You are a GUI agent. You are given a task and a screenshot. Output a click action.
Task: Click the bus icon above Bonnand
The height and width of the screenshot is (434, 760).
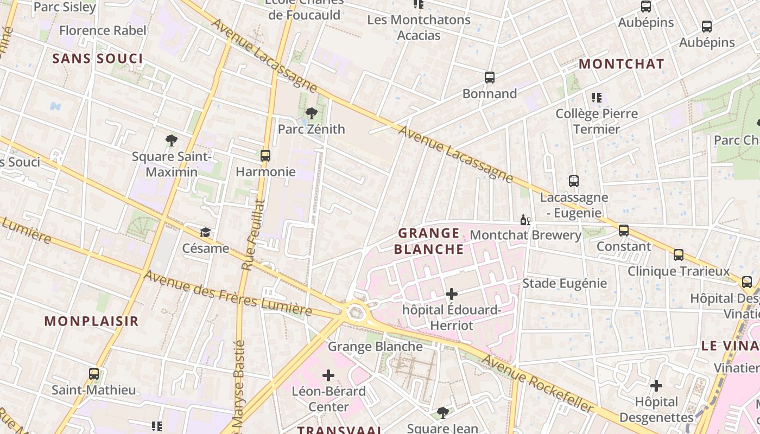(490, 78)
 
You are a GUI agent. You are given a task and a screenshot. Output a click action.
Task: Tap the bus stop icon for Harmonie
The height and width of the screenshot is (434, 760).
(265, 156)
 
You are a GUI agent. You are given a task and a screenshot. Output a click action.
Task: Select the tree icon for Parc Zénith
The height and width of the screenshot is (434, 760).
(312, 113)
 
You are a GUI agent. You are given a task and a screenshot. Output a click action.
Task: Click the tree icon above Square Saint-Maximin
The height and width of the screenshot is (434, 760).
(172, 141)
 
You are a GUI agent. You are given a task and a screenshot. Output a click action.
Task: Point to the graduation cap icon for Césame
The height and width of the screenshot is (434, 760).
(205, 233)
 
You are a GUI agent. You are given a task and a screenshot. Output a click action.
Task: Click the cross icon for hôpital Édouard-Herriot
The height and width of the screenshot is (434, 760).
(451, 294)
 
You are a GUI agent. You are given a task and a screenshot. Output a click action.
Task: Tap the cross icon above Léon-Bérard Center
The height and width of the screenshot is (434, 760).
(328, 375)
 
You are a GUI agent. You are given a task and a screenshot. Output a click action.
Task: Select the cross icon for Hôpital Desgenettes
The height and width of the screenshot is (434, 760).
(656, 386)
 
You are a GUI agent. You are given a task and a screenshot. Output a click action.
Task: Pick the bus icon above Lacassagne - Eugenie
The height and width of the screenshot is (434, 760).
(574, 181)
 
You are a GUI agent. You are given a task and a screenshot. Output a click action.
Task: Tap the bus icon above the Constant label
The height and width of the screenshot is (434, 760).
(624, 231)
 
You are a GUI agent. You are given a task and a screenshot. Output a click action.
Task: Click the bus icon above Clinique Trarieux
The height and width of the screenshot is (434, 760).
(679, 255)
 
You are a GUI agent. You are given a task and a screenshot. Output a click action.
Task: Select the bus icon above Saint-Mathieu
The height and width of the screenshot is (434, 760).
(94, 374)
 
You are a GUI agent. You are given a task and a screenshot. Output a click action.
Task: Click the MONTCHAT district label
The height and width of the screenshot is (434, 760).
(621, 64)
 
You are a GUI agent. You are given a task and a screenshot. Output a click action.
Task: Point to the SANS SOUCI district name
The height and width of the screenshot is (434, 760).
(98, 59)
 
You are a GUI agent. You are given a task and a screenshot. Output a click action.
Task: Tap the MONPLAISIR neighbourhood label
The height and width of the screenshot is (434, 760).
(92, 321)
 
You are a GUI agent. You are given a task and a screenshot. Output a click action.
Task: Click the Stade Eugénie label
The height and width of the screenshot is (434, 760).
(564, 283)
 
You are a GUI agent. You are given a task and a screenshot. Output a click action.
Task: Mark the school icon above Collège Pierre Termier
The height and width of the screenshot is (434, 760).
(597, 98)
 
